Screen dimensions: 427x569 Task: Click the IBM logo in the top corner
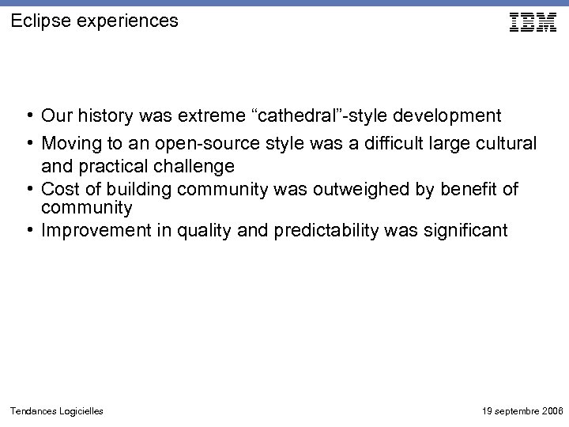point(533,23)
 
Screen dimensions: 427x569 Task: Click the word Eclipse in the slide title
point(36,21)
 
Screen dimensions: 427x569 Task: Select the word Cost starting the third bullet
point(58,188)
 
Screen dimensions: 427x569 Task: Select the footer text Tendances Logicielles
point(56,411)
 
